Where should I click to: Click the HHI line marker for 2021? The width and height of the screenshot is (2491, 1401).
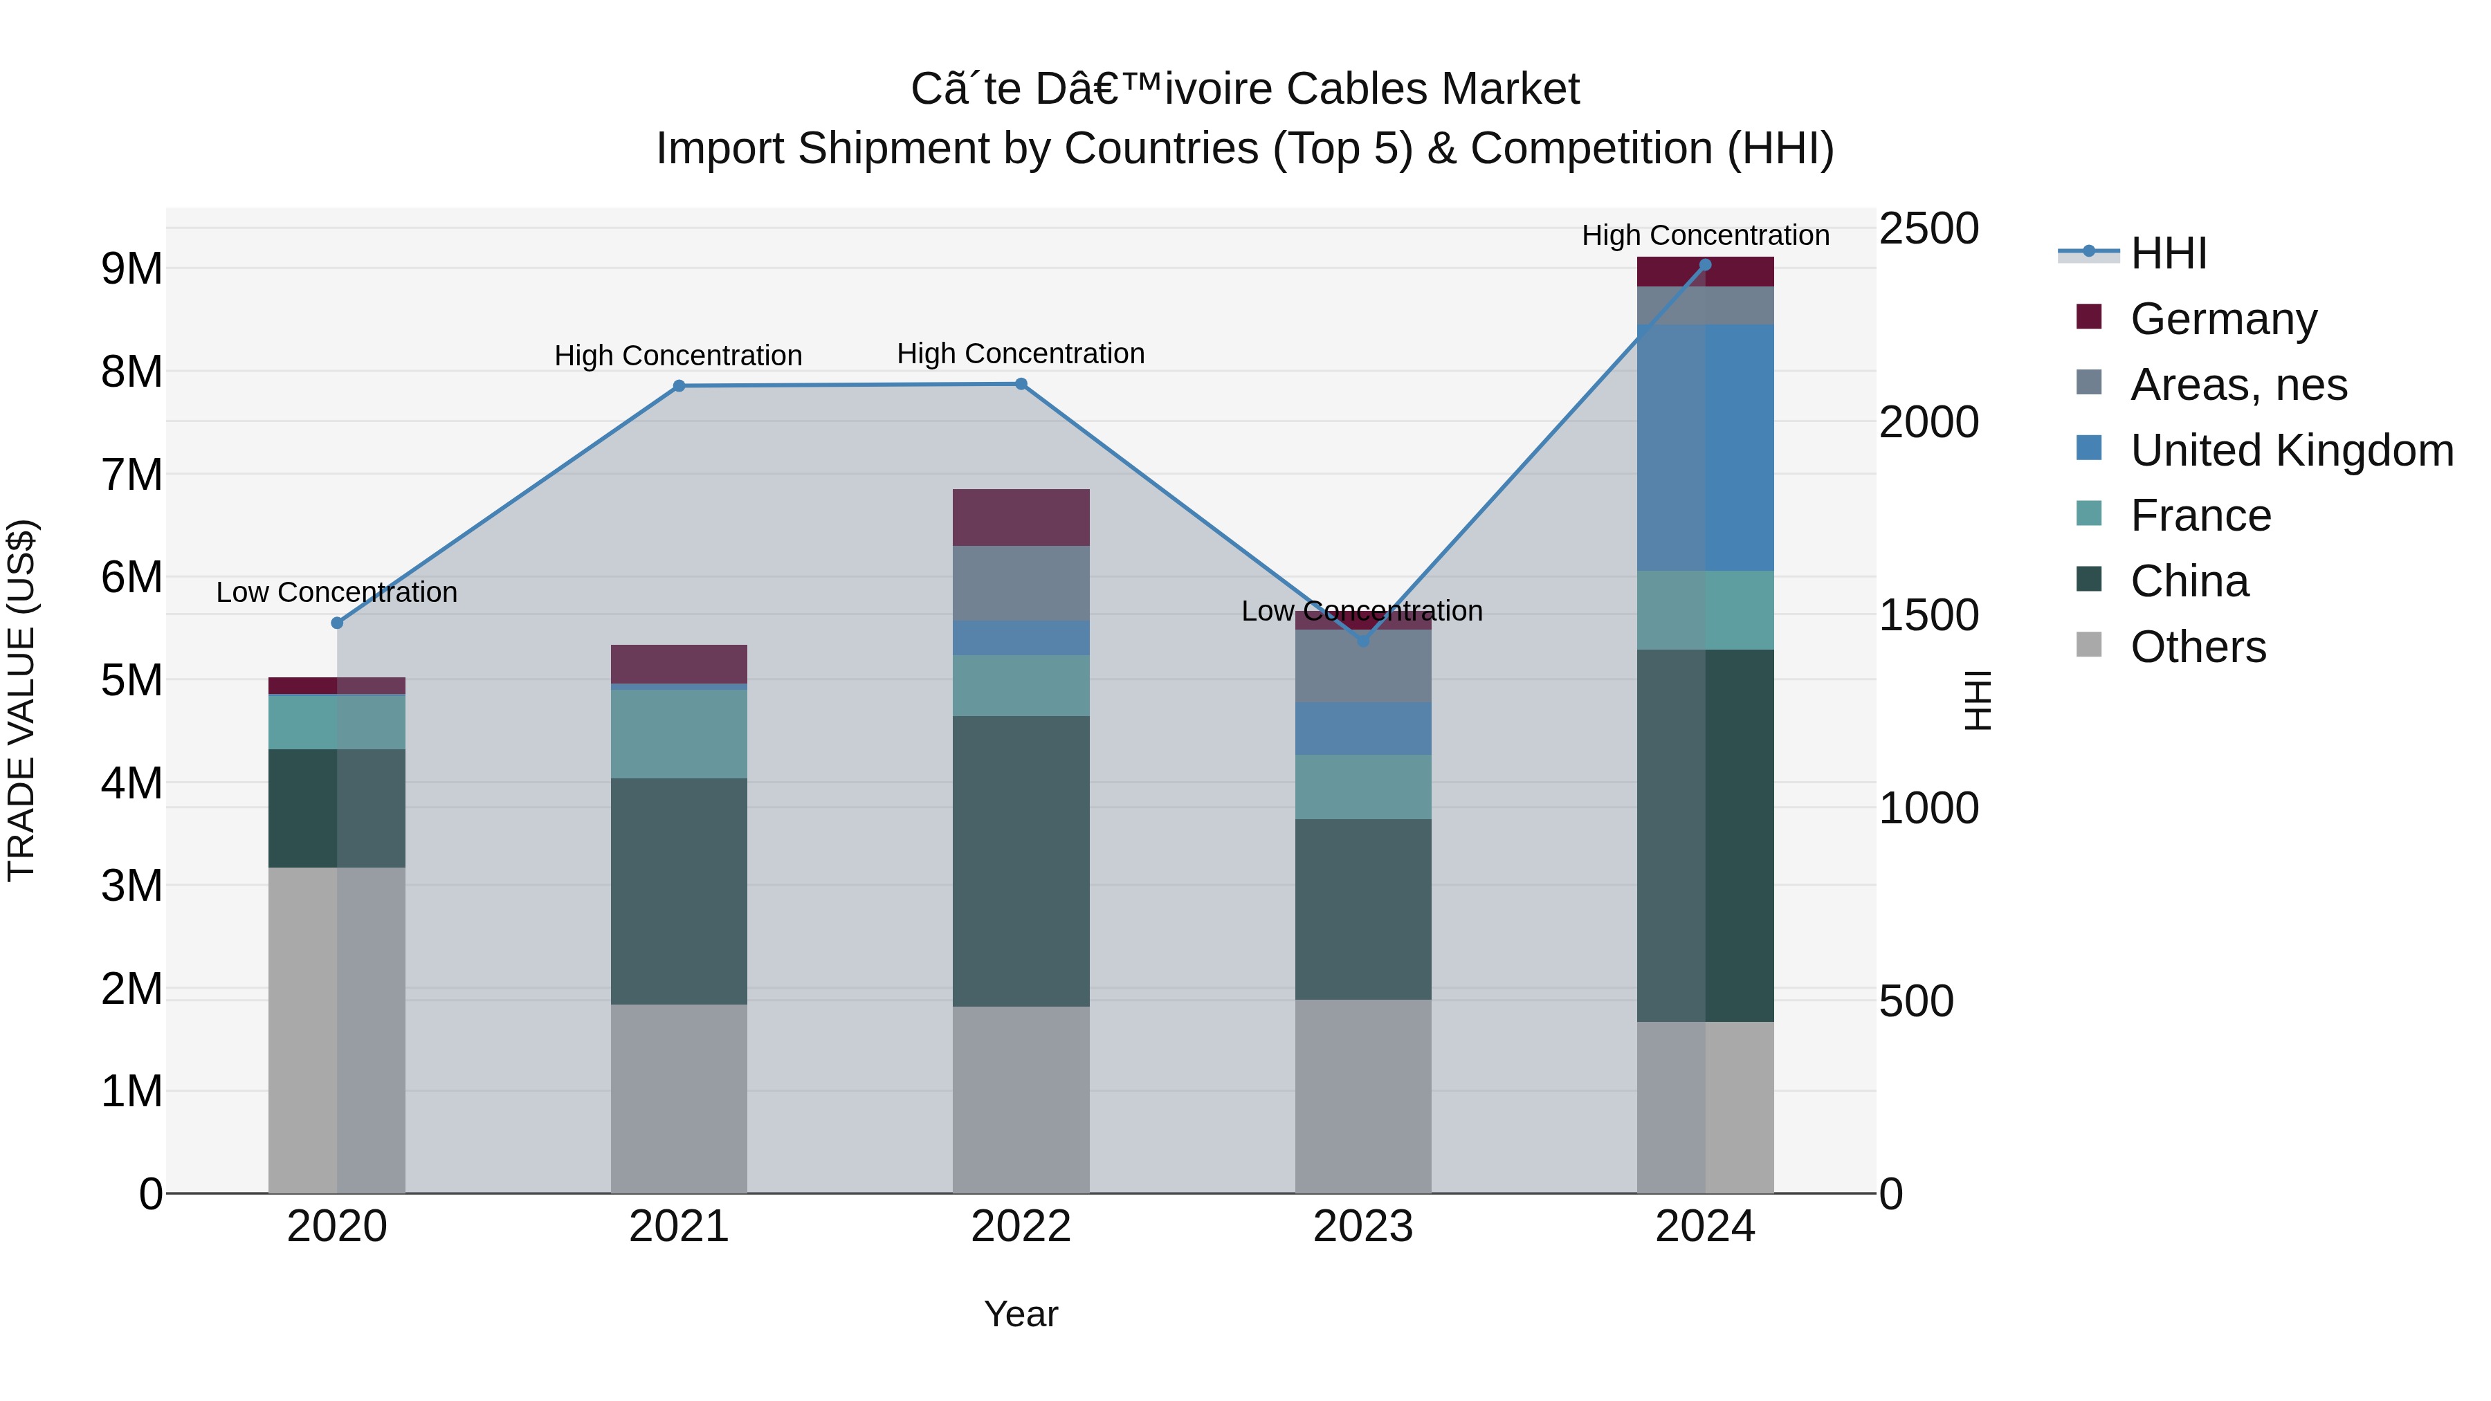click(x=679, y=386)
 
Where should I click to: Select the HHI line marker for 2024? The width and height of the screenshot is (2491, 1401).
click(x=1705, y=265)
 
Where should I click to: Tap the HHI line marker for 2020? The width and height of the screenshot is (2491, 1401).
click(x=336, y=623)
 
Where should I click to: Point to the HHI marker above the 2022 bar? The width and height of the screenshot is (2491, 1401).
click(x=1021, y=384)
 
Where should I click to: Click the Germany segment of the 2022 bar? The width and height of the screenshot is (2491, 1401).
click(x=1021, y=518)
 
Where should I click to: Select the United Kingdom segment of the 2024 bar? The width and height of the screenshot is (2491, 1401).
click(x=1705, y=448)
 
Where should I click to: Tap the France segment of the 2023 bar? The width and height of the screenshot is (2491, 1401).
click(x=1362, y=787)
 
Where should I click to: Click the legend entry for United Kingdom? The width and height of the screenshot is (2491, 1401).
click(x=2291, y=450)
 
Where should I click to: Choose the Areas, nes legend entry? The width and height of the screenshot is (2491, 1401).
click(x=2238, y=385)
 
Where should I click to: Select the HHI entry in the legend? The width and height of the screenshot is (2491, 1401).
click(x=2168, y=253)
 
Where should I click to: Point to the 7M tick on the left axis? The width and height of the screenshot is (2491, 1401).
click(x=131, y=475)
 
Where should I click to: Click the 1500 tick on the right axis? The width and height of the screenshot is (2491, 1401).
click(x=1928, y=615)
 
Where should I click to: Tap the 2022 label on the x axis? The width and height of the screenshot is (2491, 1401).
click(x=1021, y=1227)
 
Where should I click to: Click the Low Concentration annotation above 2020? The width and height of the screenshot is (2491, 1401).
click(x=336, y=592)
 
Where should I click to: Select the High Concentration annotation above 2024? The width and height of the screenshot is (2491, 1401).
click(x=1705, y=235)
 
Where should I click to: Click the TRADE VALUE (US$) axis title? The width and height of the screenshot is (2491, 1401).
click(x=21, y=700)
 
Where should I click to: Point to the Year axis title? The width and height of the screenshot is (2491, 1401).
click(x=1021, y=1314)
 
